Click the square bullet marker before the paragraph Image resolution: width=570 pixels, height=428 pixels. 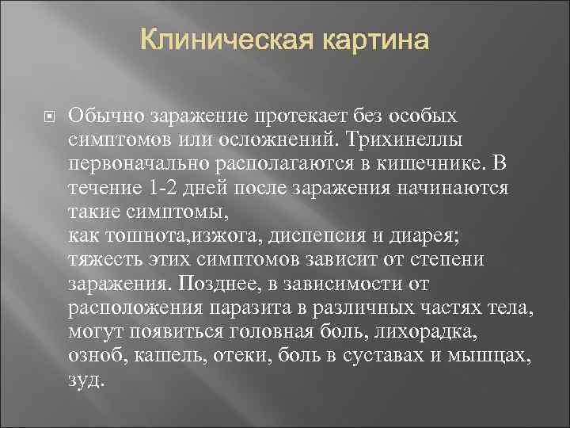click(47, 117)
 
